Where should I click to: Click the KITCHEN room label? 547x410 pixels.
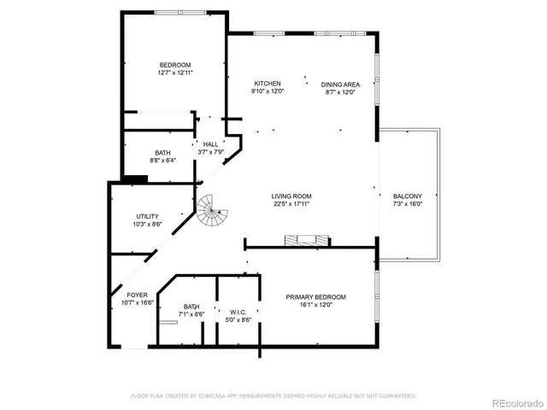coord(267,84)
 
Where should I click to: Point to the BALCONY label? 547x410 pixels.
coord(407,196)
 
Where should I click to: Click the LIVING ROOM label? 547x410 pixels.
coord(291,196)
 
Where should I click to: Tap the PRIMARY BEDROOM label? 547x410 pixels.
coord(316,297)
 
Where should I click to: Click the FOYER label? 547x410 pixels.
coord(126,295)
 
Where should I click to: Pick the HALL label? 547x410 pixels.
coord(210,144)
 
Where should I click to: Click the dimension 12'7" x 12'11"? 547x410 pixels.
coord(175,73)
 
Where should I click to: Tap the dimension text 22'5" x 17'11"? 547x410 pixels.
coord(291,204)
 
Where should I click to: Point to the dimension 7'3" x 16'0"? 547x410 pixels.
coord(407,204)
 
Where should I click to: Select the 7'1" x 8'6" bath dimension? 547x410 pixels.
coord(191,314)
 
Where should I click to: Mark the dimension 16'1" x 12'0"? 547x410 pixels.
coord(316,305)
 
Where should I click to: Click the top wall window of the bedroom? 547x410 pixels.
coord(179,11)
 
